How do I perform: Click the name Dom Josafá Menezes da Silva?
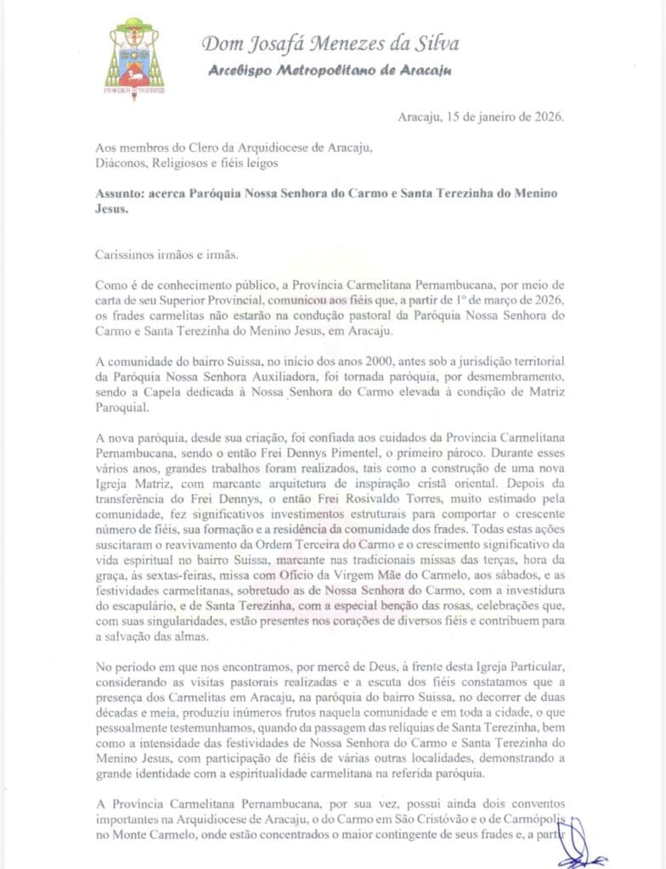(x=331, y=42)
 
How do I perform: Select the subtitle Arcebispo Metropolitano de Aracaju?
(x=330, y=70)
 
